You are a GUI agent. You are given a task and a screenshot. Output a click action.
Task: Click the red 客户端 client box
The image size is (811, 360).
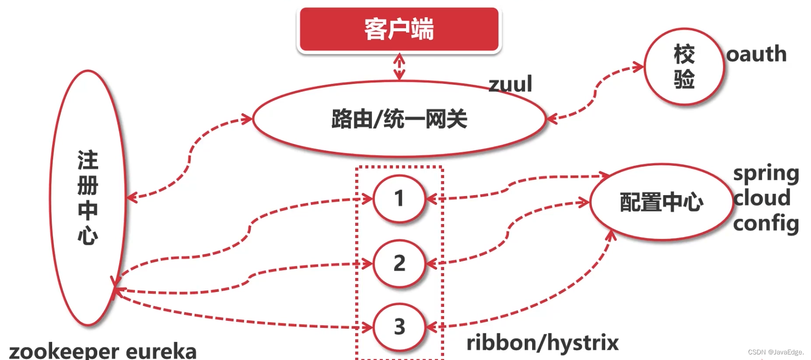point(399,29)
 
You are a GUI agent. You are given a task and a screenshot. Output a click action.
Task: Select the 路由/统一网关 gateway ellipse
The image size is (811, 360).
point(399,119)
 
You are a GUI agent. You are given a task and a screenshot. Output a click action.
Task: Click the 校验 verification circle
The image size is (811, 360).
point(684,67)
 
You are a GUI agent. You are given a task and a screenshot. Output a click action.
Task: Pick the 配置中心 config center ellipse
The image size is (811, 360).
point(661,202)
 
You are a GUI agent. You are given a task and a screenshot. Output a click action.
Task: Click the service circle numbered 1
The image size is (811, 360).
point(399,198)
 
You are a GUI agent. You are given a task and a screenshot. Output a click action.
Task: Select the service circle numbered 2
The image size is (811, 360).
point(399,263)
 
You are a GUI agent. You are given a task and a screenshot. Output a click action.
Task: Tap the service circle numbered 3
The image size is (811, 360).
point(399,326)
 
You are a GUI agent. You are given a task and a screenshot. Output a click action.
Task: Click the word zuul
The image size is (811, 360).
point(510,84)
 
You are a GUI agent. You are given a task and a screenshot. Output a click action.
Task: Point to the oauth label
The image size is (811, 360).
point(757,54)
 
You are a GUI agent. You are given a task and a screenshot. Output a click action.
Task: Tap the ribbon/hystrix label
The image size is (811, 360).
point(542,343)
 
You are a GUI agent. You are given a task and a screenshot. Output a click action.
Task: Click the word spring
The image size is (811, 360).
point(766,174)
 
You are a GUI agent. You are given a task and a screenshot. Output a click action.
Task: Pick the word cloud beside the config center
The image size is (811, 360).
point(762,198)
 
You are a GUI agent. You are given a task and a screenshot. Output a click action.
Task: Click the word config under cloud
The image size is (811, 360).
point(766,224)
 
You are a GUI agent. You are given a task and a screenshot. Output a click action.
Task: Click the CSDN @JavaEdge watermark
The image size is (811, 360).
point(776,352)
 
